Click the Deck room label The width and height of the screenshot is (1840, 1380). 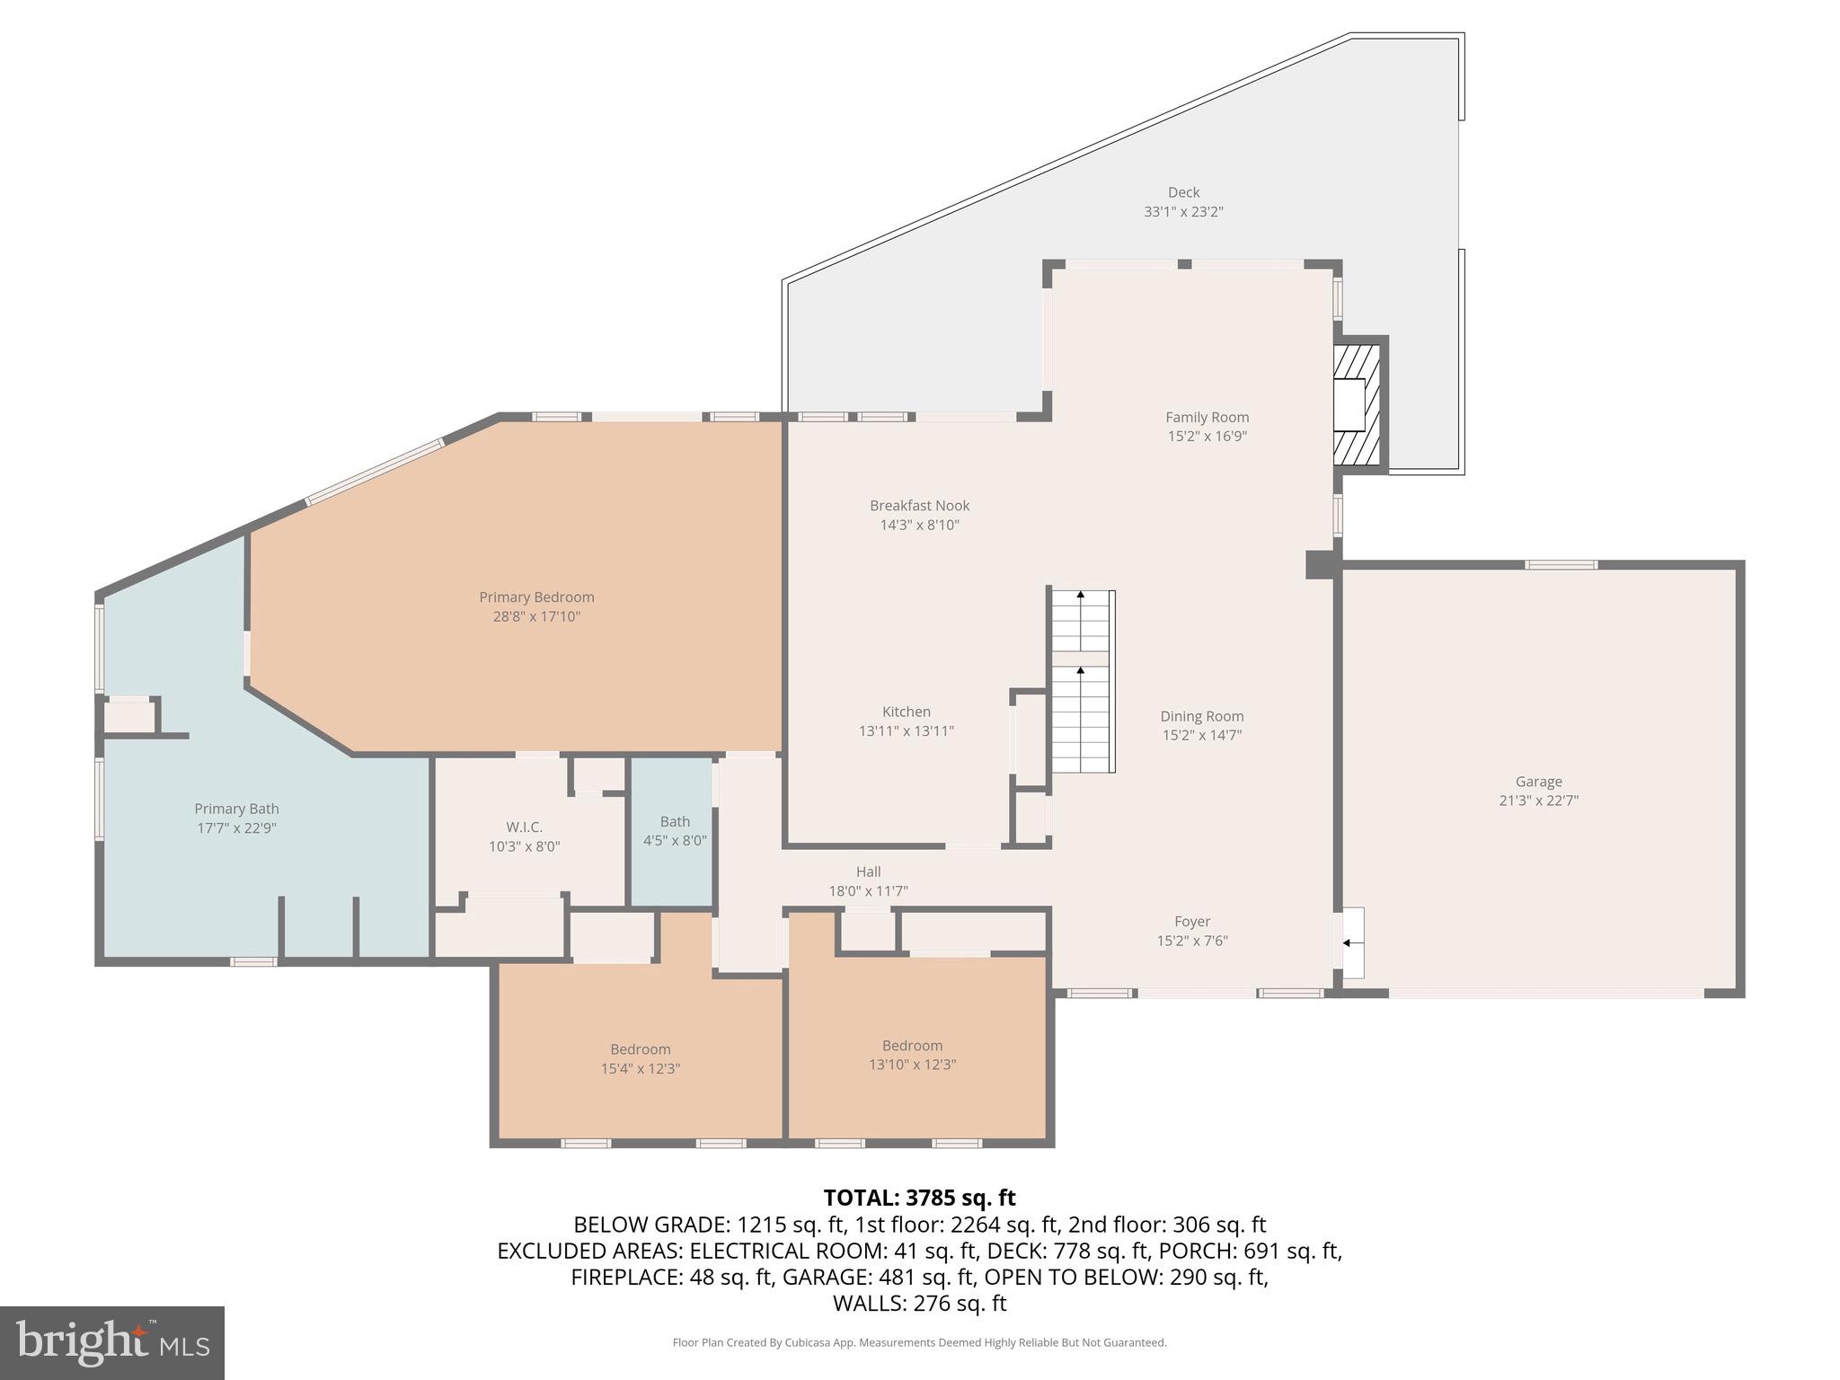1183,192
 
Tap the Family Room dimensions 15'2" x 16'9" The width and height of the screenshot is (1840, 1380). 1207,437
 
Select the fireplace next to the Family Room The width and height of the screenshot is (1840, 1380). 1356,405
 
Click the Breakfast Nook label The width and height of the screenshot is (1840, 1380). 919,506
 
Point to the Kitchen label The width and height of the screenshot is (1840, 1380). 906,712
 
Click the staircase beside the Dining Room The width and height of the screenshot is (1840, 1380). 1082,683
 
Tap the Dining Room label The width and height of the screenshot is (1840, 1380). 1201,716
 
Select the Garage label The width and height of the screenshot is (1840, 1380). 1538,782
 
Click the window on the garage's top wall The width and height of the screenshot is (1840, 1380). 1561,565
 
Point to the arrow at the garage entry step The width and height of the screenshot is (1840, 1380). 1348,942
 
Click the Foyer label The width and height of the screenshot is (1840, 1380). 1192,921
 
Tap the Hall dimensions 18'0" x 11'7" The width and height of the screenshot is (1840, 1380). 868,891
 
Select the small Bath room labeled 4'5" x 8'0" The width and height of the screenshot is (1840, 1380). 675,831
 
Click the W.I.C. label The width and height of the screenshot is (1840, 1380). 524,827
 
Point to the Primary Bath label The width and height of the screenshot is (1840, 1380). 236,809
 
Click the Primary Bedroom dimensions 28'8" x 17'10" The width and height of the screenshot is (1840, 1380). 536,617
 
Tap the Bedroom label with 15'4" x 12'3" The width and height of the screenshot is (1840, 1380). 640,1049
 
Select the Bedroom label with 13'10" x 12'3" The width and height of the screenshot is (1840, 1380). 912,1046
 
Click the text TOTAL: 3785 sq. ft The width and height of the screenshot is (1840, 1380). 919,1198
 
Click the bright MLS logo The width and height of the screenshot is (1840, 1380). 112,1342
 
